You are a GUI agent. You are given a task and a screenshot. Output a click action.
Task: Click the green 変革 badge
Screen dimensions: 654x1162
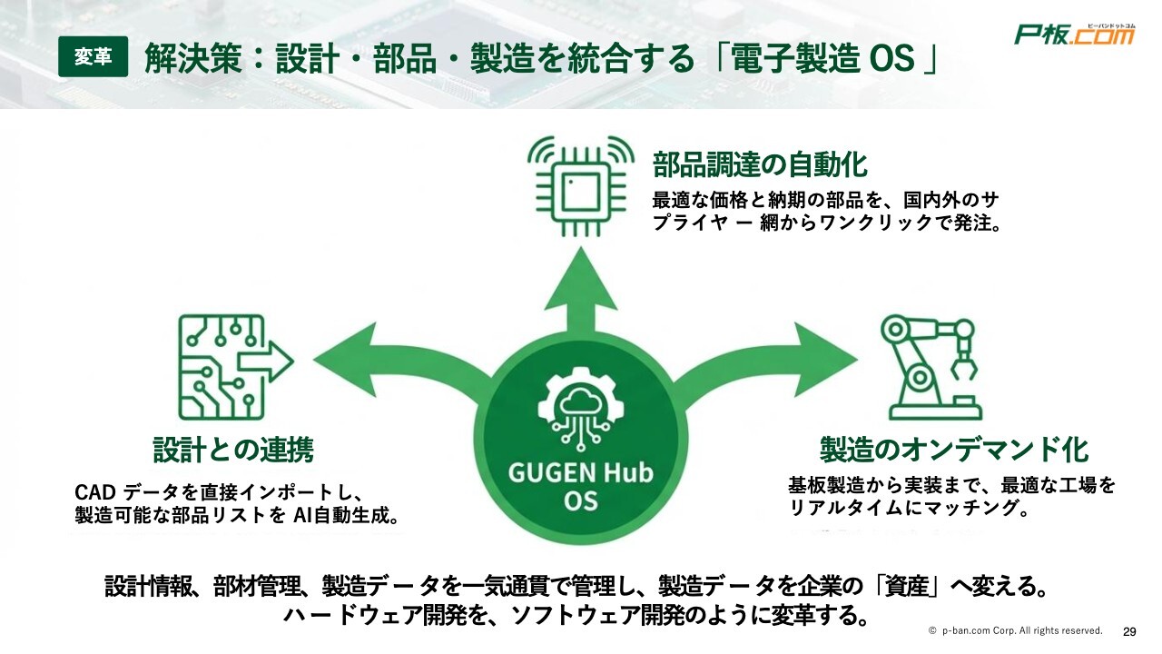pos(93,57)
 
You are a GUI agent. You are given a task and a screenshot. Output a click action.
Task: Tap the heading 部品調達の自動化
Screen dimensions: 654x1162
pos(760,165)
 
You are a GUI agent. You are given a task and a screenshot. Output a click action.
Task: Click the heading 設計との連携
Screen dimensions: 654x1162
pos(233,450)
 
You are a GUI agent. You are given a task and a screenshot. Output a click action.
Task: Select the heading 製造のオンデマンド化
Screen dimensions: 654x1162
pos(953,449)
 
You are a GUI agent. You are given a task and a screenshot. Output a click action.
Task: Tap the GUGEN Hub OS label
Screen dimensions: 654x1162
pos(581,486)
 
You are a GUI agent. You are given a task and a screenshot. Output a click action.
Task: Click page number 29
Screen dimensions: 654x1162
pos(1130,631)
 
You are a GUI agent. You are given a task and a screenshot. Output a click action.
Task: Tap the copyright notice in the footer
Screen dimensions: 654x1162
pos(1015,630)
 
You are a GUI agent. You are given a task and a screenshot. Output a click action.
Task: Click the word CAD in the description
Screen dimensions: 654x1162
pos(94,492)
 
